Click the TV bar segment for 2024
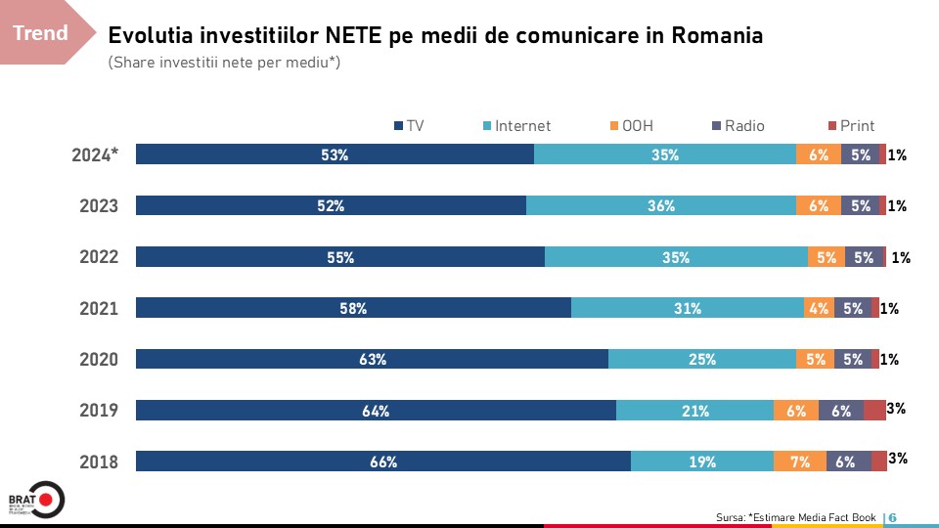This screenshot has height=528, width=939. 335,154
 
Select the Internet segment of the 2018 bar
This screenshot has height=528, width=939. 701,462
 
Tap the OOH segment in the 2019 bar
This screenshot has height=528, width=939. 795,411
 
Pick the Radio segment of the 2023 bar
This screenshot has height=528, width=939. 861,205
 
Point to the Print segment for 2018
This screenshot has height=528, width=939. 879,462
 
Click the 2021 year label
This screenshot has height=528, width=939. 99,309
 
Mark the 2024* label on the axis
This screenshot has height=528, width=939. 96,154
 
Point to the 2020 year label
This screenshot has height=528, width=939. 99,360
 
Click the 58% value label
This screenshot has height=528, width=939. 353,309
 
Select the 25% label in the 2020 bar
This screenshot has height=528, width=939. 702,360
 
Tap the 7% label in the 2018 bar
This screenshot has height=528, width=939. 800,462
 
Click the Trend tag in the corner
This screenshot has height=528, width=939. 41,33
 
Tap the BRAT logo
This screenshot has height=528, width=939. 35,499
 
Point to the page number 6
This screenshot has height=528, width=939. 893,517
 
